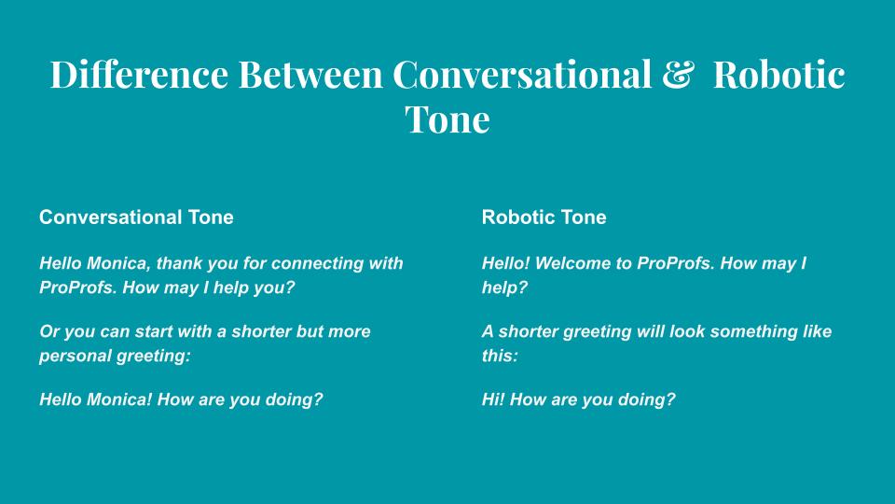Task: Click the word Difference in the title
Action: click(x=139, y=75)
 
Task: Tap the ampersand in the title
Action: click(x=678, y=75)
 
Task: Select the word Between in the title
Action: click(x=310, y=75)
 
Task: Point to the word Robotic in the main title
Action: click(x=779, y=75)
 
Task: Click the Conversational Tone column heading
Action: click(x=136, y=217)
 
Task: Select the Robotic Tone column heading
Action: click(x=544, y=217)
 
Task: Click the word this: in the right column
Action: click(x=500, y=356)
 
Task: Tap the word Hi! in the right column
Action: click(x=493, y=399)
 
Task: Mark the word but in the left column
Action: click(x=309, y=331)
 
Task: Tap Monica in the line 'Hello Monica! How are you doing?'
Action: click(x=119, y=399)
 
